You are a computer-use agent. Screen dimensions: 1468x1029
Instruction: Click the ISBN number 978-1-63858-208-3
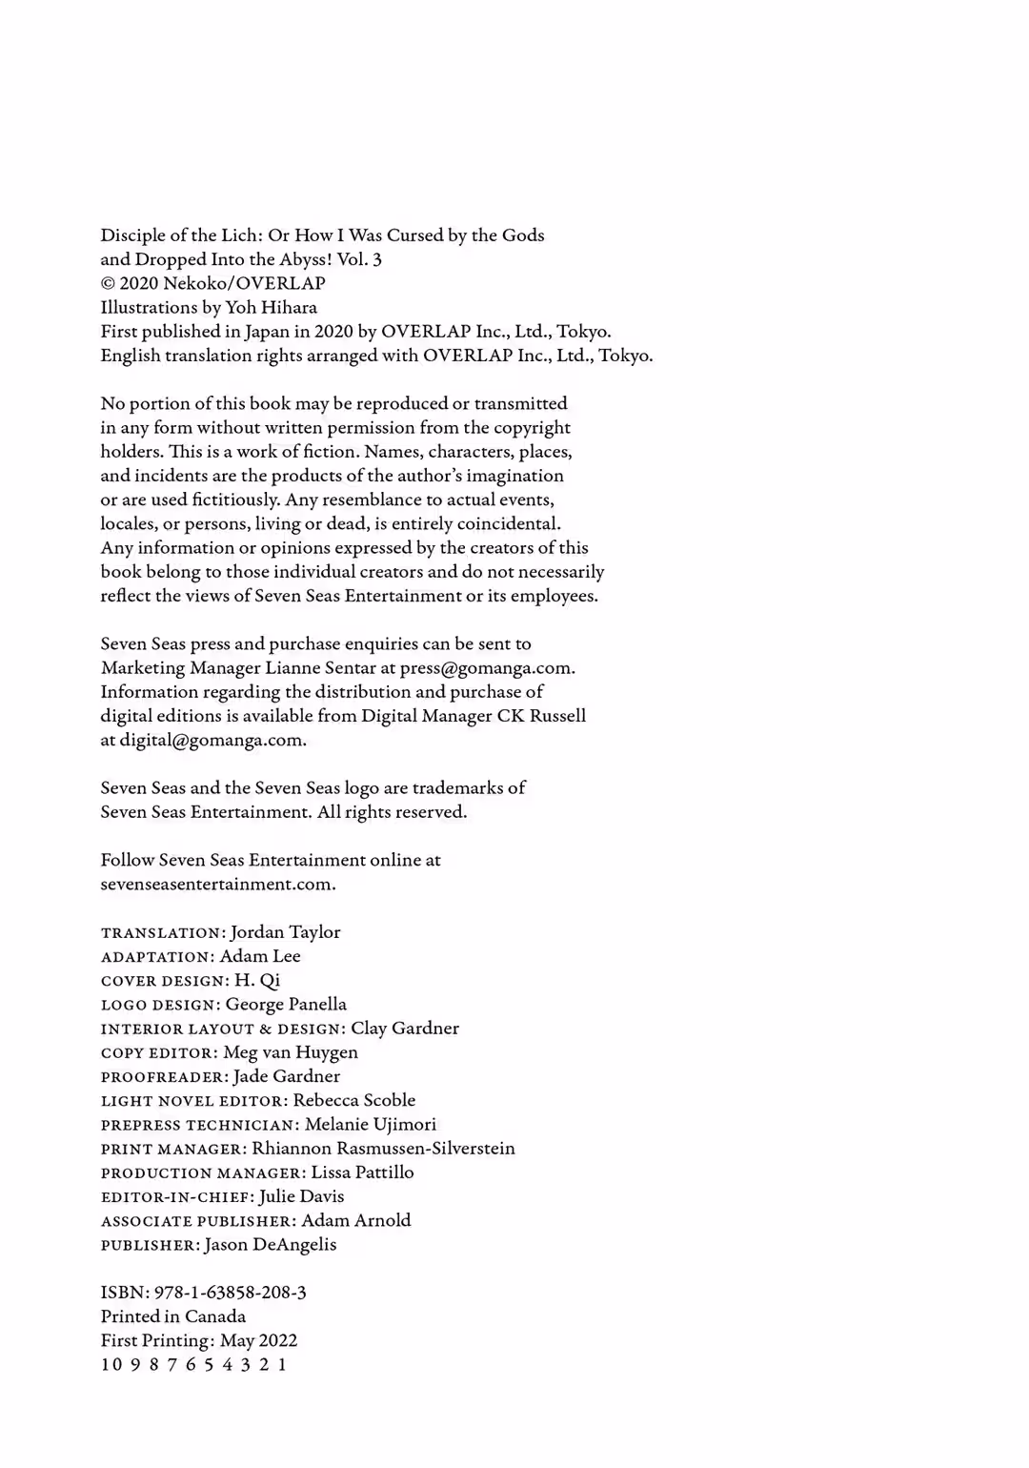[x=230, y=1293]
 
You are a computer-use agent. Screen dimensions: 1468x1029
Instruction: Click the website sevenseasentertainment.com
[x=217, y=884]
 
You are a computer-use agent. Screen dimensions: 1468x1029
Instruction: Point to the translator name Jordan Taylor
[x=285, y=932]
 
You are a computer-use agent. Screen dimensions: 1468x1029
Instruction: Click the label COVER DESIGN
[x=164, y=981]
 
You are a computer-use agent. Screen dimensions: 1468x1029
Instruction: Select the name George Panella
[x=286, y=1005]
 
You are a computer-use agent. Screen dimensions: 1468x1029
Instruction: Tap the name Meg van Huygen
[x=291, y=1052]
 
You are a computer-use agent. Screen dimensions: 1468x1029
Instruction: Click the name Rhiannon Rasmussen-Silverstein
[x=383, y=1149]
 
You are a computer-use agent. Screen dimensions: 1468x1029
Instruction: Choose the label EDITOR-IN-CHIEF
[x=176, y=1197]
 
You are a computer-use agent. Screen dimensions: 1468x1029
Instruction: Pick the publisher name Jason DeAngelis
[x=270, y=1245]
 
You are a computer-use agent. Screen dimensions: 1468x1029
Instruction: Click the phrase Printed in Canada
[x=172, y=1316]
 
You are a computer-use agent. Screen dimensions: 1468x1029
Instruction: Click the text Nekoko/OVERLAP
[x=244, y=283]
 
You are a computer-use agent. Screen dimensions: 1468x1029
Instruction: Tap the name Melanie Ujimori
[x=370, y=1125]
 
